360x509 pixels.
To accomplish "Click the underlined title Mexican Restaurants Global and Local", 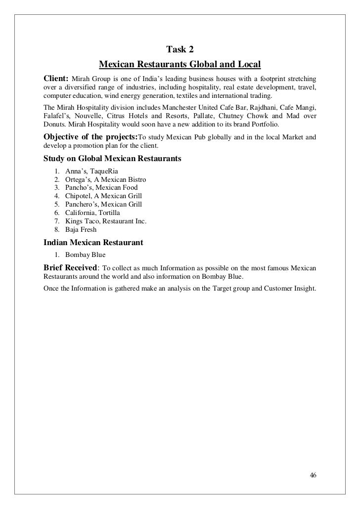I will pyautogui.click(x=180, y=65).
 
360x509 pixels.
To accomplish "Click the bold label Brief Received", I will pyautogui.click(x=70, y=267).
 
